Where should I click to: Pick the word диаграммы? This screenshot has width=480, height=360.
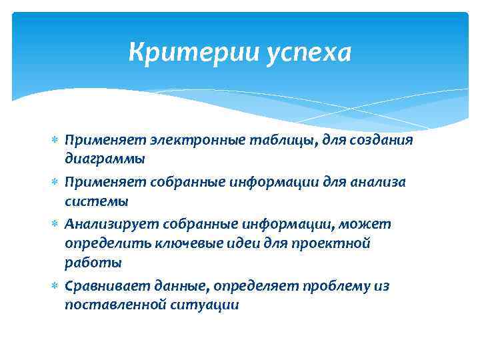point(104,159)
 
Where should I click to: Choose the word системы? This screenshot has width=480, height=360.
point(96,201)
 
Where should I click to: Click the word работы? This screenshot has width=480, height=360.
point(93,263)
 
